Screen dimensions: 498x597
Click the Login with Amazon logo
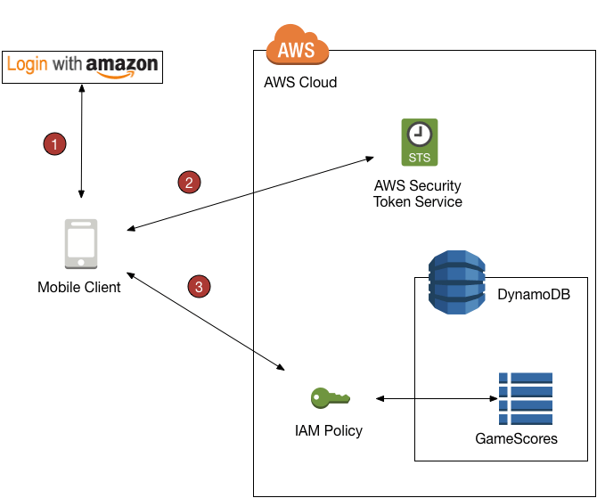(82, 66)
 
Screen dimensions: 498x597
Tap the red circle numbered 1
(55, 143)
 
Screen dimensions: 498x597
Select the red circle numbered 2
(188, 183)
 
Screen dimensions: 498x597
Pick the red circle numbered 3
(199, 286)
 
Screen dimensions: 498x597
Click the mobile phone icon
(80, 243)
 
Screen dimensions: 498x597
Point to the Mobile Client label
(79, 288)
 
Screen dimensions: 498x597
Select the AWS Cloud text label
(300, 83)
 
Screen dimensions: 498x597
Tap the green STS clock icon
(418, 143)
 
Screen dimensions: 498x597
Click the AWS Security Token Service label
(418, 193)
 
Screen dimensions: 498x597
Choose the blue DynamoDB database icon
(455, 282)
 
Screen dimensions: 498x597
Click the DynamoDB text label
(534, 294)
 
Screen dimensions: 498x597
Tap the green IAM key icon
(329, 397)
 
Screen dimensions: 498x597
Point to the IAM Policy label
(329, 431)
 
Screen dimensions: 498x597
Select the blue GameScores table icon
(526, 397)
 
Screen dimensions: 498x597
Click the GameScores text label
(517, 438)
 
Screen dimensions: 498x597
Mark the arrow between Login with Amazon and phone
(82, 143)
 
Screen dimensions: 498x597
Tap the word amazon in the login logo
(122, 65)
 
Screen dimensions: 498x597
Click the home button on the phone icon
(80, 263)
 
